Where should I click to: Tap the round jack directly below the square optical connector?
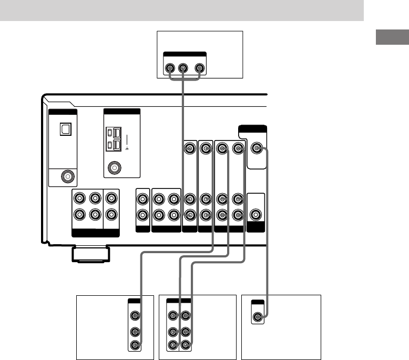pos(67,176)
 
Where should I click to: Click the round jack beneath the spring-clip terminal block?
pos(114,168)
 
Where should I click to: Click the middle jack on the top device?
pos(183,68)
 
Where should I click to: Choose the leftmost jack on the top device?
pos(169,68)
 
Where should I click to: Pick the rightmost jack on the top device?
pos(199,68)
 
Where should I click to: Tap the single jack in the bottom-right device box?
pos(258,317)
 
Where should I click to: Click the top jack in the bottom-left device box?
pos(136,316)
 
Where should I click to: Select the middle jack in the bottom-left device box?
pos(136,333)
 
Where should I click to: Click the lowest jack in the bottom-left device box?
pos(136,346)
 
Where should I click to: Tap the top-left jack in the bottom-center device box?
pos(172,316)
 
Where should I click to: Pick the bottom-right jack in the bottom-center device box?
pos(185,346)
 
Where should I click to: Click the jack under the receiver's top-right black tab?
pos(256,149)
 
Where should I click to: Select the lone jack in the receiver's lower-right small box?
pos(255,214)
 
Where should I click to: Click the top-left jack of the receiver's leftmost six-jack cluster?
pos(79,199)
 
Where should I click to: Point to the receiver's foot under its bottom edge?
pos(91,254)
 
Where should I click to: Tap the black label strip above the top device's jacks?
pos(184,55)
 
